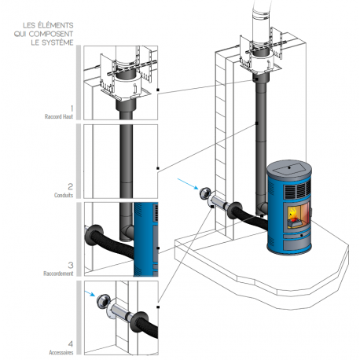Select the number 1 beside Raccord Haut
click(x=70, y=107)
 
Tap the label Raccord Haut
click(x=59, y=116)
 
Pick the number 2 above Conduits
click(x=70, y=186)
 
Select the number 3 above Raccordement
click(x=70, y=264)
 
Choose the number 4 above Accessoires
click(x=70, y=343)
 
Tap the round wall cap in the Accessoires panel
click(x=103, y=303)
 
